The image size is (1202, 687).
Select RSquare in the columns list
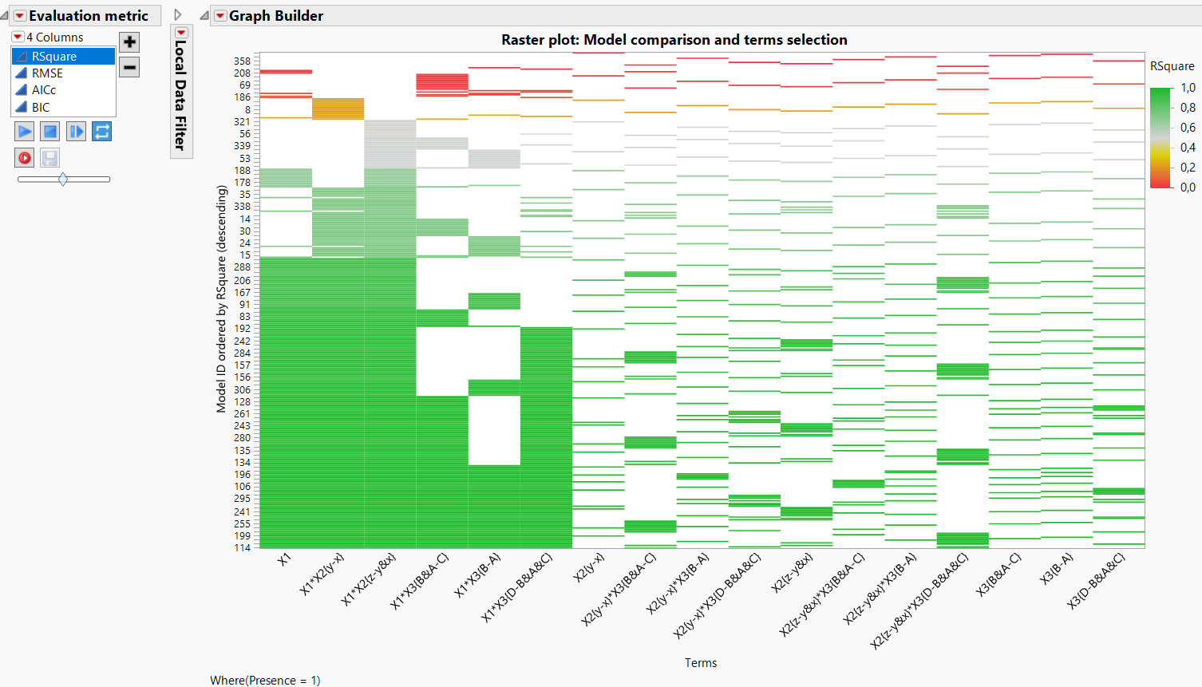(x=54, y=57)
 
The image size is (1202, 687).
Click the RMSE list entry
(x=47, y=73)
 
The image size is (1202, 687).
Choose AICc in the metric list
(x=44, y=90)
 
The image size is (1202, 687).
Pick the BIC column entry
(x=41, y=107)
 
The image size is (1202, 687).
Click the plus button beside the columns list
(x=129, y=42)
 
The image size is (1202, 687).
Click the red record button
(x=25, y=157)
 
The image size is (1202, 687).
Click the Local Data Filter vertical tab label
(x=180, y=95)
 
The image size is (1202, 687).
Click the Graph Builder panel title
(x=275, y=16)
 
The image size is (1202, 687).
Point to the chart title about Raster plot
(x=674, y=40)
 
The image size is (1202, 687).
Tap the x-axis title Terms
(x=700, y=663)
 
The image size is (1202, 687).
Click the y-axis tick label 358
(x=242, y=61)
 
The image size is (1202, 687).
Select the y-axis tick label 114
(x=242, y=548)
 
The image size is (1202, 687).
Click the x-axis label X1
(x=284, y=559)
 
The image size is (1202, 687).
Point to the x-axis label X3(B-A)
(x=1057, y=568)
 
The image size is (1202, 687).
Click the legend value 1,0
(x=1188, y=88)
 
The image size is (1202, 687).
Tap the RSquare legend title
(x=1172, y=66)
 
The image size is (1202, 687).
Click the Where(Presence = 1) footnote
(x=265, y=680)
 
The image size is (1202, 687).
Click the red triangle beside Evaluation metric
(x=20, y=16)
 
